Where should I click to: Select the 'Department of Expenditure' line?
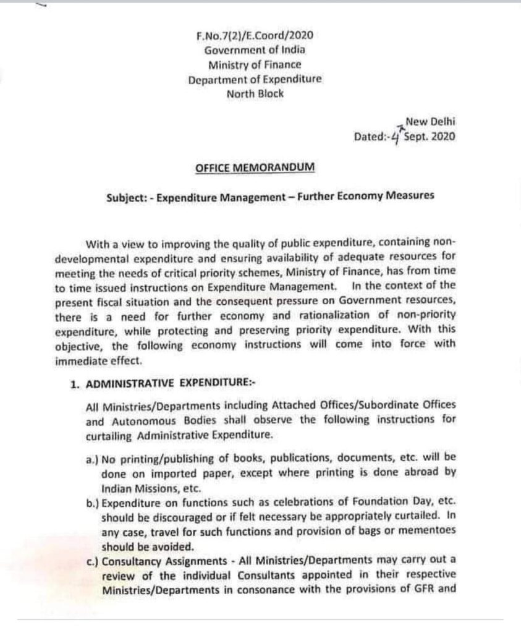255,80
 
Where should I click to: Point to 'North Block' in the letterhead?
255,94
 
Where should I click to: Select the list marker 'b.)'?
93,504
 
